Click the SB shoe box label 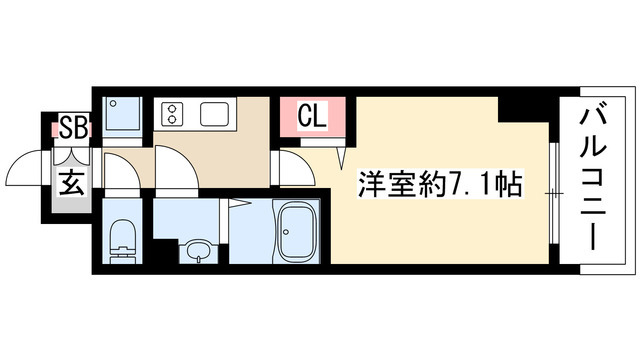74,127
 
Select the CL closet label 312,116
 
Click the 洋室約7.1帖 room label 440,184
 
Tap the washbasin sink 198,250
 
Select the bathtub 296,232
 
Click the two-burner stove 172,114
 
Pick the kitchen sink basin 214,114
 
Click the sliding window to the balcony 553,193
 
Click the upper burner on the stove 172,109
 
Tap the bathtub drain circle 286,232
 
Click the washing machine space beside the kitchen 122,117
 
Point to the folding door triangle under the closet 342,158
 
